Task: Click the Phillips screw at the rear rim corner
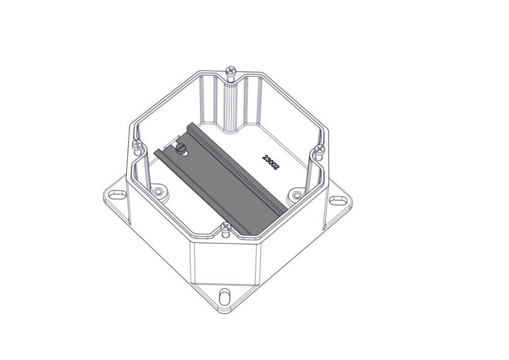tap(231, 71)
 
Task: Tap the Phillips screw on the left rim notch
tap(137, 144)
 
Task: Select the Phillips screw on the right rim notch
tap(320, 149)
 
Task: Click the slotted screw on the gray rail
tap(180, 149)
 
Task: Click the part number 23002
tap(270, 162)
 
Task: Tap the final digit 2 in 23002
tap(276, 167)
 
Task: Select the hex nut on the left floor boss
tap(158, 191)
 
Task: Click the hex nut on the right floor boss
tap(295, 195)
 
